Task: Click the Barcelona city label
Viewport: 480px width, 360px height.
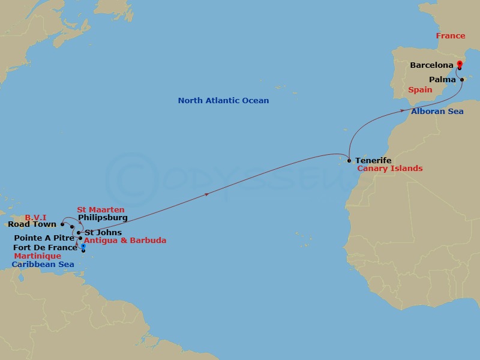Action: [x=431, y=65]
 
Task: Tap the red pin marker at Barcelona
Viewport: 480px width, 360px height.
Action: [x=460, y=64]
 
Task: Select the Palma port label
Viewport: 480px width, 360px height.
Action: [x=443, y=80]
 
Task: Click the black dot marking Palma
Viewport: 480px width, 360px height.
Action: [x=462, y=79]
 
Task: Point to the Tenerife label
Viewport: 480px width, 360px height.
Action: [x=373, y=161]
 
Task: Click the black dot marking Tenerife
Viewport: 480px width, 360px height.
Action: [x=349, y=160]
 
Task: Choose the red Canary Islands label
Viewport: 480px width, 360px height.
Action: [x=390, y=169]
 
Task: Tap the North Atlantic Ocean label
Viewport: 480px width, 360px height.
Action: [x=223, y=101]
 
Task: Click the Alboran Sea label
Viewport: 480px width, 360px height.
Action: [x=437, y=111]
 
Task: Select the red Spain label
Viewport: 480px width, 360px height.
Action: [x=420, y=90]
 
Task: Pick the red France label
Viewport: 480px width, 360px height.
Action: [x=451, y=36]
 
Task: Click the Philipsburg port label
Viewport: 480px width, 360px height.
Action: [x=103, y=218]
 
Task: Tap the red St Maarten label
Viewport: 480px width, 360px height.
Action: [x=101, y=210]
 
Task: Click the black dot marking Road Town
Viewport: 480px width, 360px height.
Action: [x=62, y=224]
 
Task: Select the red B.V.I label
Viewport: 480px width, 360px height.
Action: [x=35, y=217]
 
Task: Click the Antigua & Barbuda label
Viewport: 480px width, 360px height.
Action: [x=125, y=241]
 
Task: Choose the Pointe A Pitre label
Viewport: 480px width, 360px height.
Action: [x=44, y=238]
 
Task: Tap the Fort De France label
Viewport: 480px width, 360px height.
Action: [x=45, y=247]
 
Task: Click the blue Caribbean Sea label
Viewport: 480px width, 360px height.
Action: [x=43, y=264]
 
